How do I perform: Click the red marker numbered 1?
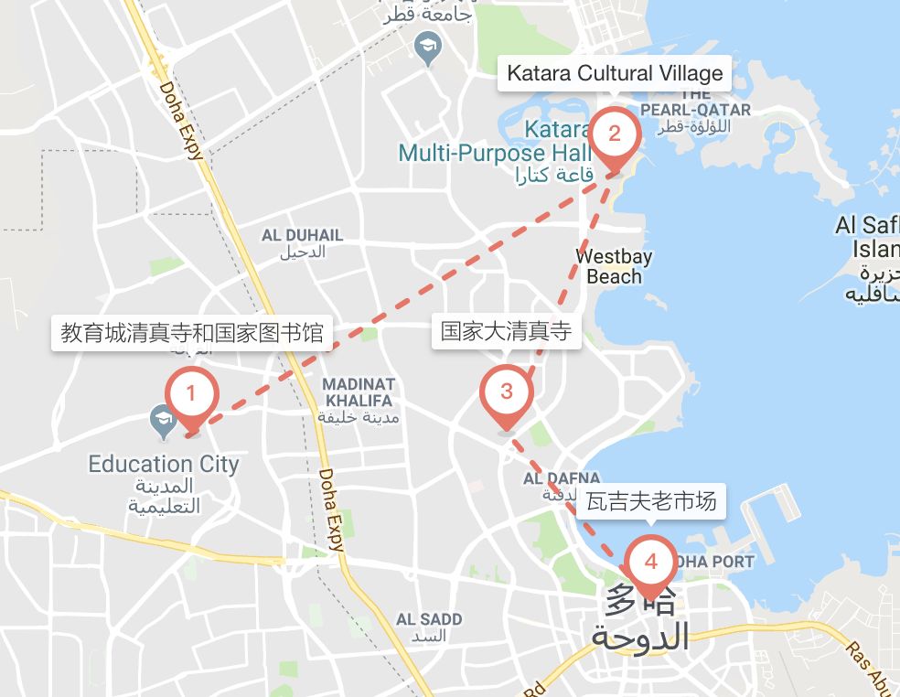click(191, 395)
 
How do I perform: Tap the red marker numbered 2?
click(615, 134)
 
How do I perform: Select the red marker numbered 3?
click(507, 392)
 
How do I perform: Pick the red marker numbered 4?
click(651, 562)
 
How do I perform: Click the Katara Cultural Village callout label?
click(615, 73)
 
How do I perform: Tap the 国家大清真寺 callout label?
click(506, 331)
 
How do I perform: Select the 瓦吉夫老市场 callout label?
click(650, 501)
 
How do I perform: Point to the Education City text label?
click(164, 464)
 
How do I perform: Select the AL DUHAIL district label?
click(303, 235)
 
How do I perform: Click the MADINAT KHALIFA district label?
click(359, 392)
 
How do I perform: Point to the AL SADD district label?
click(429, 619)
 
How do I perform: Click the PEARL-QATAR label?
click(696, 109)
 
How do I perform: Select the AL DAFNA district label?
click(562, 478)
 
